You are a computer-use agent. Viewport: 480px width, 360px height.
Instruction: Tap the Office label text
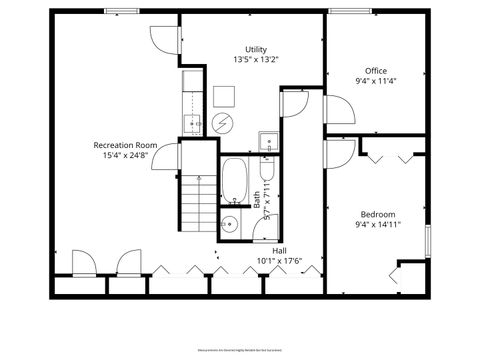click(x=376, y=70)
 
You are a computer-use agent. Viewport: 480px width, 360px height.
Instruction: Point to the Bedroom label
click(x=378, y=214)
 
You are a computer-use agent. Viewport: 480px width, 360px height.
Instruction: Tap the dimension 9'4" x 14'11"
click(x=378, y=225)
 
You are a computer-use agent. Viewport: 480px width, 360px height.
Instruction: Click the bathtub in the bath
click(x=236, y=180)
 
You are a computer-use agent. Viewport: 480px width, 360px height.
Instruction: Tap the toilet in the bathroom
click(x=268, y=142)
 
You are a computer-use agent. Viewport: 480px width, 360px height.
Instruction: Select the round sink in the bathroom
click(x=229, y=224)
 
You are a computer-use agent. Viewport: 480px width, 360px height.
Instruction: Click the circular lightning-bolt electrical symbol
click(x=223, y=123)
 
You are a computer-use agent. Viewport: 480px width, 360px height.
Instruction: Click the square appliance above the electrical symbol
click(x=225, y=96)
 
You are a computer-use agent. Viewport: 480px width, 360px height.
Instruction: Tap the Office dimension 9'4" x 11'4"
click(x=376, y=81)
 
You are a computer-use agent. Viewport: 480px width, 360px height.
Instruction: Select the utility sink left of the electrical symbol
click(x=191, y=123)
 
